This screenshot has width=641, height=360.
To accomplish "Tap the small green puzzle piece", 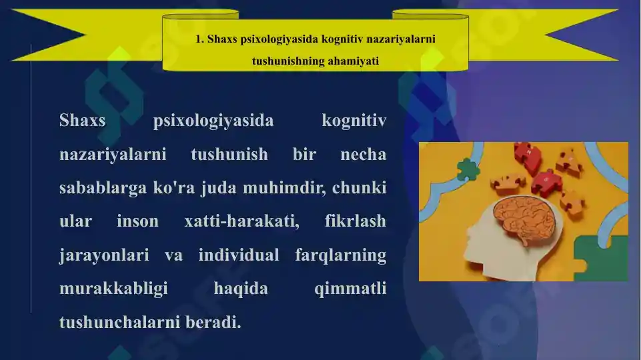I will click(468, 169).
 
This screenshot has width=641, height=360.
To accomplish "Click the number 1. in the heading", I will click(199, 39).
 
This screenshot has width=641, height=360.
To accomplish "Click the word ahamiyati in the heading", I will click(353, 61).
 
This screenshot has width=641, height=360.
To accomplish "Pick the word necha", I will click(363, 155).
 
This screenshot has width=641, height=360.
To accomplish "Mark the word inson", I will click(137, 221).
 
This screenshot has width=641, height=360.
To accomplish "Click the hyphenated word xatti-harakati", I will click(241, 221).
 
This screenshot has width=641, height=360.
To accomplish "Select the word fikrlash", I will click(355, 221).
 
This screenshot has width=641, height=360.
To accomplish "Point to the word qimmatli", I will click(350, 289).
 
